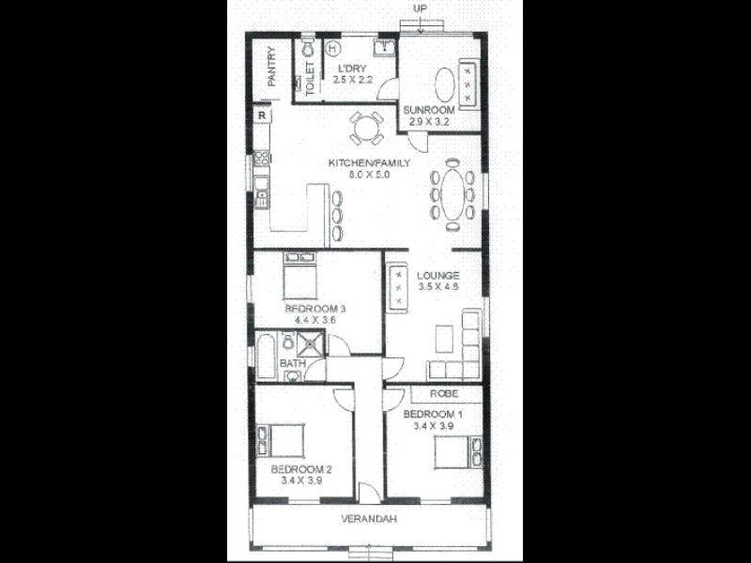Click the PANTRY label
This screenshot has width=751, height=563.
(270, 68)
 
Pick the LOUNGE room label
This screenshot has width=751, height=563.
(437, 275)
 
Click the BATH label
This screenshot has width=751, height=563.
(292, 363)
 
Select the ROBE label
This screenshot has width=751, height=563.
(444, 394)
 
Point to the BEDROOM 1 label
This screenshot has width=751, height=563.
(433, 414)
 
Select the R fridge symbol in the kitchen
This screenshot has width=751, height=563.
(262, 115)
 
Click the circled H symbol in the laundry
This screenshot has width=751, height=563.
(332, 46)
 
